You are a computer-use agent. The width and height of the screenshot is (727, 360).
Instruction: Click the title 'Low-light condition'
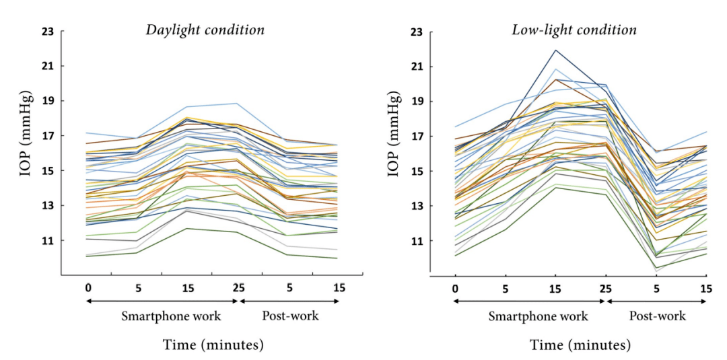point(574,30)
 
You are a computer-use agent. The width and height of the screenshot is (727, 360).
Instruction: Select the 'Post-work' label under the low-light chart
point(658,316)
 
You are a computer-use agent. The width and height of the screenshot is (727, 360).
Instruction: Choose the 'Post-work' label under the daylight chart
point(291,316)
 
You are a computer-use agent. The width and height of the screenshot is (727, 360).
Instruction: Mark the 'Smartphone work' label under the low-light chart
point(539,316)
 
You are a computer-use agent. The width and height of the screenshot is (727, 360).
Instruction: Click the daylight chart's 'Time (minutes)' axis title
point(213,345)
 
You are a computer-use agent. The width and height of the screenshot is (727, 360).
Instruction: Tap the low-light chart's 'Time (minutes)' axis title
point(580,345)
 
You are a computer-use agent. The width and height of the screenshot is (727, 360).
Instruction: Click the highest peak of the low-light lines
point(556,50)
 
